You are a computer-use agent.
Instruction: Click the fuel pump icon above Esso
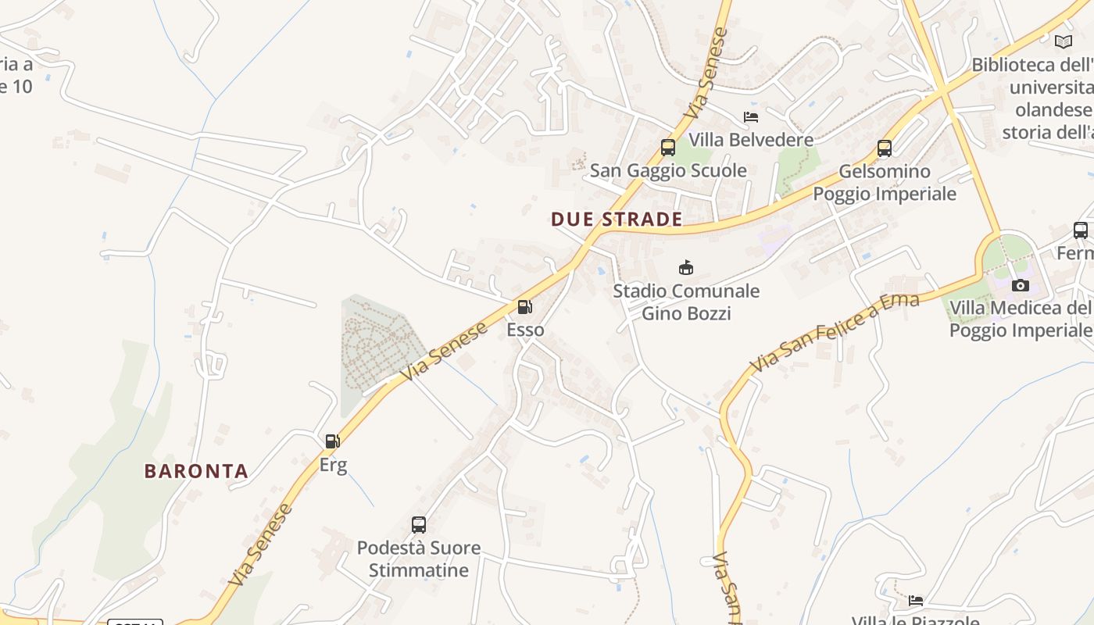click(x=525, y=307)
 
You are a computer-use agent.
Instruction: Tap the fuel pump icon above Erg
click(x=333, y=441)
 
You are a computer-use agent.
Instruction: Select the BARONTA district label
click(x=196, y=471)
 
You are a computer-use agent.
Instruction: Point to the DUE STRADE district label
click(x=617, y=220)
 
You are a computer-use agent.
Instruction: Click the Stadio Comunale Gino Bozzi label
click(x=686, y=302)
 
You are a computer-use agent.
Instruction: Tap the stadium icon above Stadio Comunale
click(x=686, y=268)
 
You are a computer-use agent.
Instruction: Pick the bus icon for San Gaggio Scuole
click(x=668, y=147)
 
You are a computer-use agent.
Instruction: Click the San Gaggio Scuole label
click(x=668, y=170)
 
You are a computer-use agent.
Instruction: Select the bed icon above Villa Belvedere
click(x=751, y=117)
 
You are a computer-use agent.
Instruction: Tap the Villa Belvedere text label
click(x=751, y=140)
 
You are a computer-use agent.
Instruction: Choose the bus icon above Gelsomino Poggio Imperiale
click(x=885, y=148)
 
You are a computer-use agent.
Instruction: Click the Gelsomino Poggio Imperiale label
click(x=885, y=182)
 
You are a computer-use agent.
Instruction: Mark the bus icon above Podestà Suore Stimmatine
click(x=419, y=524)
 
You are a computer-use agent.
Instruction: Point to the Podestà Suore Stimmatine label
click(x=419, y=559)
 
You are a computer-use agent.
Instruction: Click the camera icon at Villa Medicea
click(x=1021, y=285)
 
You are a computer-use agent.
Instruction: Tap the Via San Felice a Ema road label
click(x=835, y=334)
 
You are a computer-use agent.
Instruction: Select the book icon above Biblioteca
click(x=1063, y=41)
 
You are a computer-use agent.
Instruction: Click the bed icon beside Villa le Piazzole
click(x=916, y=601)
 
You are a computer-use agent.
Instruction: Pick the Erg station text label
click(x=333, y=465)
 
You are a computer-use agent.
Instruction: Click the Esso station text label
click(x=525, y=330)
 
